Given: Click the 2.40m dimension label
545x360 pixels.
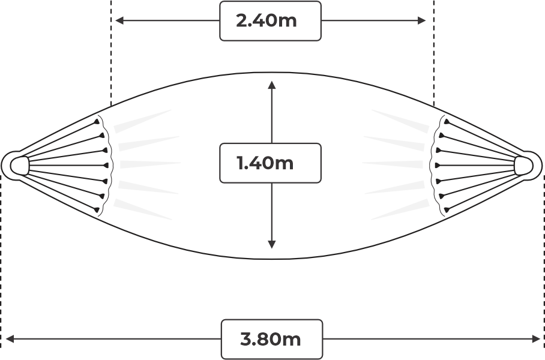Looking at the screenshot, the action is [x=266, y=21].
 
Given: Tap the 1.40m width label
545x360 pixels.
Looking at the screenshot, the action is [x=265, y=163].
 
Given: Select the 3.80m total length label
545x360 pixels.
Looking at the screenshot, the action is [x=271, y=339].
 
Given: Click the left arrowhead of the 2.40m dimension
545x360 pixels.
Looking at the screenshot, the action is [x=119, y=21].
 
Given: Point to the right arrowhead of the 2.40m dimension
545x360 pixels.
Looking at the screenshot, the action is [x=421, y=21].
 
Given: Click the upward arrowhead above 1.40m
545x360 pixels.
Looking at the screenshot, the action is [x=272, y=85].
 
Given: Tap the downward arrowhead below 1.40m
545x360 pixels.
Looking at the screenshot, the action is [x=272, y=244].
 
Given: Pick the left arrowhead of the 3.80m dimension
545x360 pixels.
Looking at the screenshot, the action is [x=10, y=339].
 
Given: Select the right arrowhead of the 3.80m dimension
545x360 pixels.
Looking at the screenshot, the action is [x=535, y=339].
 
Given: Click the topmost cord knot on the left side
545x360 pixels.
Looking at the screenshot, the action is [x=97, y=122].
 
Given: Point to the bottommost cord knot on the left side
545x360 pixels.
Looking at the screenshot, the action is [x=97, y=209].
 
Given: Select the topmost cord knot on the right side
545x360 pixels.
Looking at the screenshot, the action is [x=447, y=122].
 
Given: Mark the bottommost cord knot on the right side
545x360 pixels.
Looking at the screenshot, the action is [x=447, y=209].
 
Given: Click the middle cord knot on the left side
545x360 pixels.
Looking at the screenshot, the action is [x=105, y=166].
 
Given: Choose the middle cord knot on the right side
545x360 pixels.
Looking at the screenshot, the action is [x=438, y=166].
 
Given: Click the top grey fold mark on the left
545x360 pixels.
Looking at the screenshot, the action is [x=142, y=121].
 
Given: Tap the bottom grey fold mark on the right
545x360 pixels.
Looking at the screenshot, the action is [x=400, y=209].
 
